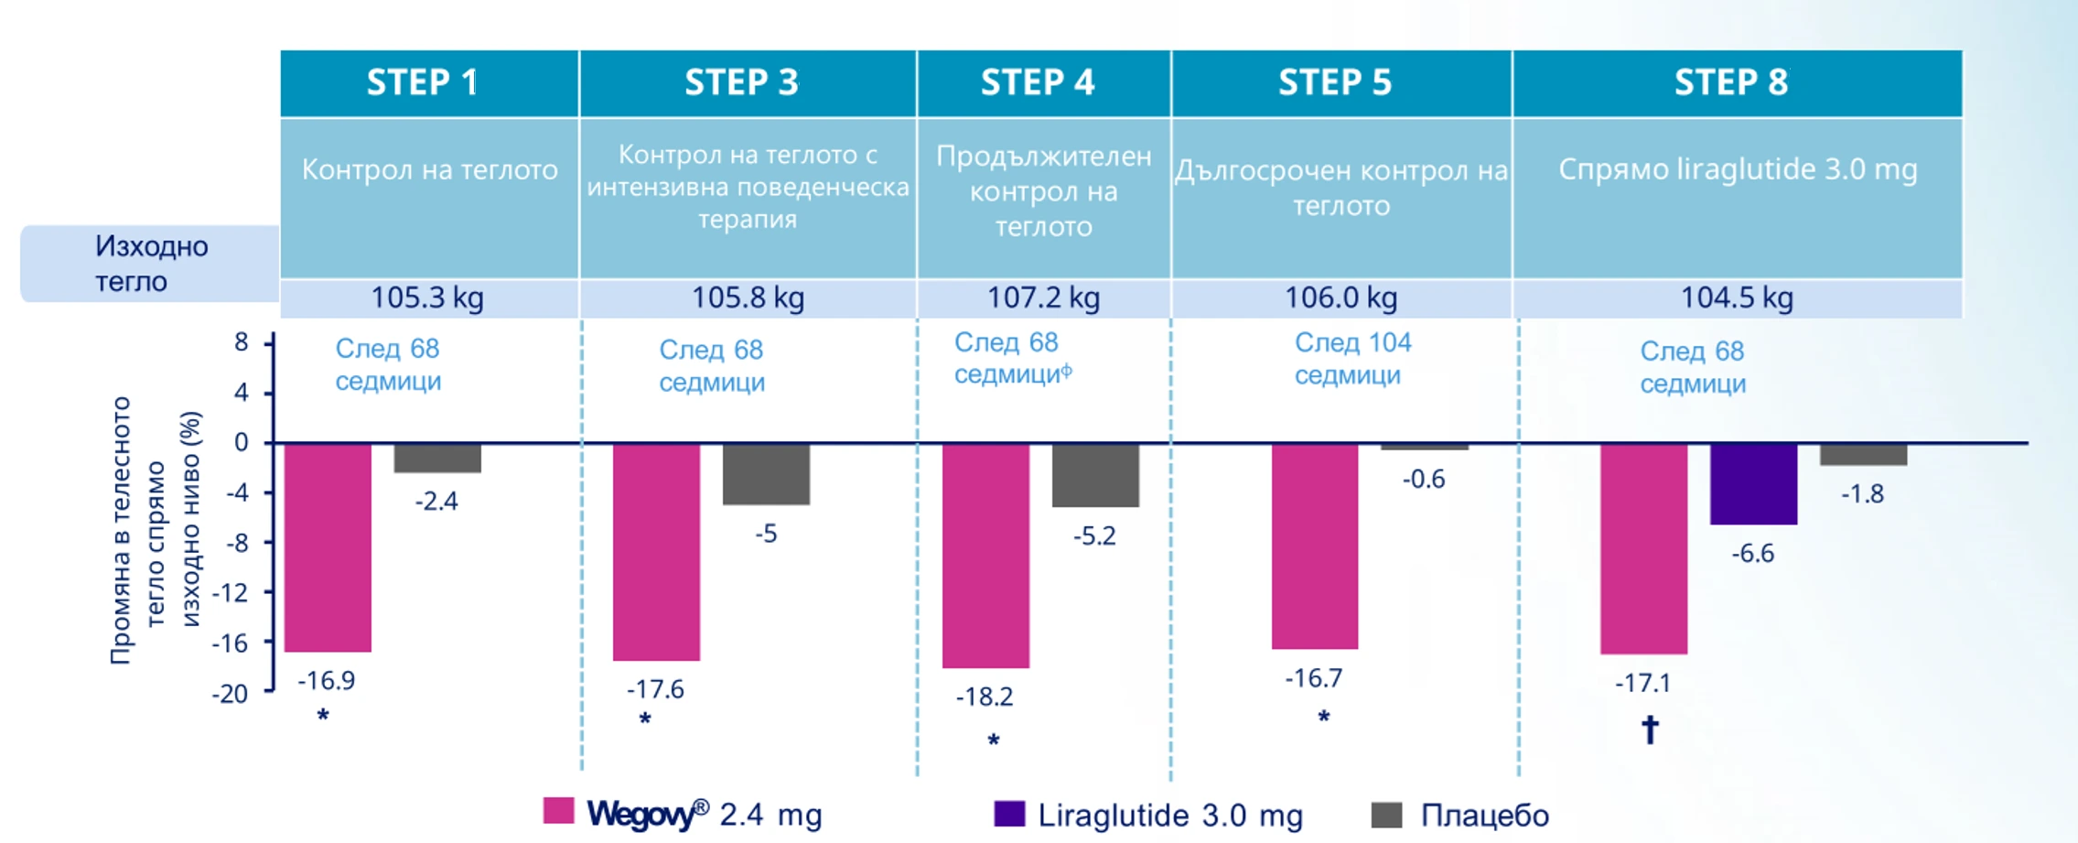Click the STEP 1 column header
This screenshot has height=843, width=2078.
(x=424, y=82)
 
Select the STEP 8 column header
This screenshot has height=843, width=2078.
(x=1731, y=82)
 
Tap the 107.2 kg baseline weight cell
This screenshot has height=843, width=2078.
(x=1043, y=298)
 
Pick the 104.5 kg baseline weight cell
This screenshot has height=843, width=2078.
(x=1737, y=298)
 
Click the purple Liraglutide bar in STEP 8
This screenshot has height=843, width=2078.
(x=1753, y=484)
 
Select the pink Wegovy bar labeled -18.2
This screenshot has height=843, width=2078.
(x=985, y=556)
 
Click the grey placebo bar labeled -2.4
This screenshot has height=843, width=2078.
(x=437, y=459)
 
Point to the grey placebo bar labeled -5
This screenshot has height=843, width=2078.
(x=766, y=474)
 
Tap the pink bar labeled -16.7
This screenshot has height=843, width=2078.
(x=1315, y=546)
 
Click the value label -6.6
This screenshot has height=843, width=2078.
(x=1752, y=554)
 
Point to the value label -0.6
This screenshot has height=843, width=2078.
(x=1424, y=480)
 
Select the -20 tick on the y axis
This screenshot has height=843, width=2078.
(x=231, y=694)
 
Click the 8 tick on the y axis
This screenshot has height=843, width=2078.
(x=241, y=342)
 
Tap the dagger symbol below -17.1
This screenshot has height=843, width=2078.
(x=1650, y=730)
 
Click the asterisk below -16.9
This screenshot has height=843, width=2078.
(x=323, y=716)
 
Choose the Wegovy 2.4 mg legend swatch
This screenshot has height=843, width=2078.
(x=558, y=812)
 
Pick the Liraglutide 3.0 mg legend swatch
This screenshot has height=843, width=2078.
(x=1009, y=814)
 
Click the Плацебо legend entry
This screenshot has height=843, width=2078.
(x=1483, y=815)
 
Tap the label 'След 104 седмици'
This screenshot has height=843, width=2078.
(x=1352, y=359)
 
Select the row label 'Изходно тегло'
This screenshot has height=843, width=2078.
(x=152, y=264)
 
